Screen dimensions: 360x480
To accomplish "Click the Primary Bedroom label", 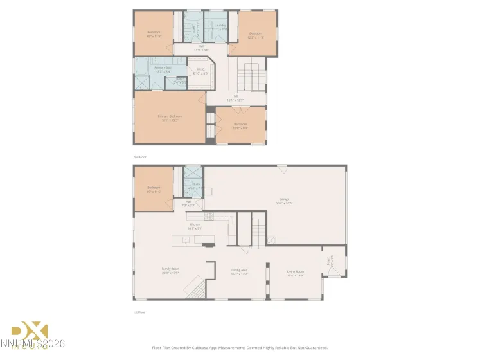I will [x=170, y=116].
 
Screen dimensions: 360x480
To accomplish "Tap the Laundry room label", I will [x=220, y=26].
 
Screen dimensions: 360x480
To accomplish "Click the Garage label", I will [x=284, y=199].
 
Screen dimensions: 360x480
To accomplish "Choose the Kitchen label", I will [x=194, y=225].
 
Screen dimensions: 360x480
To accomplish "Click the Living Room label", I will [x=295, y=272].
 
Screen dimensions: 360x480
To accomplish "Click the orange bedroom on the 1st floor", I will [x=153, y=189].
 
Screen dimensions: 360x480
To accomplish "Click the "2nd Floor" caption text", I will [x=139, y=156].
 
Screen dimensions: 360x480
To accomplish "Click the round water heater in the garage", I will [x=272, y=240].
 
